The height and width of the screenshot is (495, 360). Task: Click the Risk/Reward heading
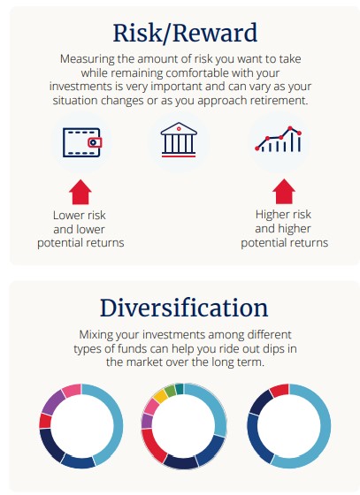[185, 34]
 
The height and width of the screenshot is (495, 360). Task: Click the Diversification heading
[184, 308]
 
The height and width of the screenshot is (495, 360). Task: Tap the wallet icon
[82, 142]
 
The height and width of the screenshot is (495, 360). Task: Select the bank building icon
[179, 140]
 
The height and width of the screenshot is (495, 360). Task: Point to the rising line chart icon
[279, 140]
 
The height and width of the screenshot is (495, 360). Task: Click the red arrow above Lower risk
[80, 192]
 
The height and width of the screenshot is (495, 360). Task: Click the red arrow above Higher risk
[284, 191]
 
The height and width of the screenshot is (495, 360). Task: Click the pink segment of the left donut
[72, 390]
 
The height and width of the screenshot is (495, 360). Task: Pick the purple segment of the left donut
[53, 402]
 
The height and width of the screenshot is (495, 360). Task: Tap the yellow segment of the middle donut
[160, 396]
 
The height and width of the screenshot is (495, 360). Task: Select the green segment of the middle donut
[170, 391]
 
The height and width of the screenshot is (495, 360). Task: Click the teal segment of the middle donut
[180, 389]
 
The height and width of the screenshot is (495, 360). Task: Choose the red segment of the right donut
[280, 390]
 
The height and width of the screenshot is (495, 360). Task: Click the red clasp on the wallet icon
[95, 142]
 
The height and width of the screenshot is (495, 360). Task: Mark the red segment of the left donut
[45, 421]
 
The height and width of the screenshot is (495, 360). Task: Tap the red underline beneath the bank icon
[179, 156]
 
